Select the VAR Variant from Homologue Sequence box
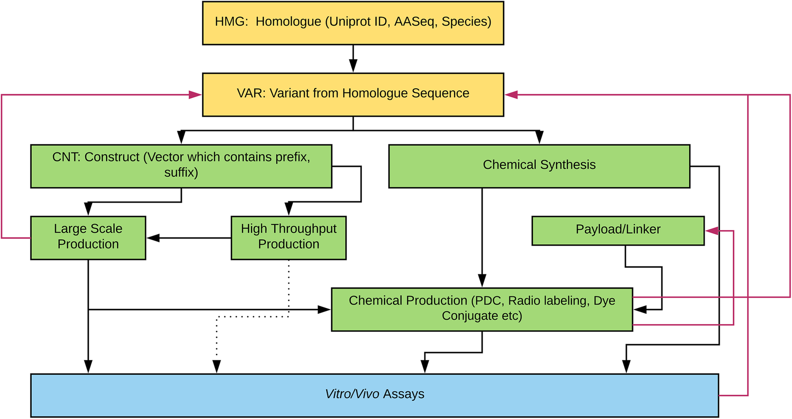pyautogui.click(x=353, y=94)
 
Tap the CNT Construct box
pyautogui.click(x=181, y=166)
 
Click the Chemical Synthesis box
pyautogui.click(x=539, y=166)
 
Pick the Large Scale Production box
pyautogui.click(x=88, y=237)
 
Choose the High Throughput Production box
pyautogui.click(x=288, y=237)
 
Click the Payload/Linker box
pyautogui.click(x=617, y=230)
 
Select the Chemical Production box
pyautogui.click(x=482, y=309)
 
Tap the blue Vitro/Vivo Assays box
pyautogui.click(x=374, y=395)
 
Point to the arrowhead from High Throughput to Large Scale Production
pyautogui.click(x=153, y=238)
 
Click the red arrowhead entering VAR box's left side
pyautogui.click(x=195, y=95)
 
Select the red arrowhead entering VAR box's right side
pyautogui.click(x=511, y=95)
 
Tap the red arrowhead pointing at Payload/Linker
pyautogui.click(x=712, y=231)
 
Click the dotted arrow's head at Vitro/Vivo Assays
pyautogui.click(x=217, y=366)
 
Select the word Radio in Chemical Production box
pyautogui.click(x=525, y=301)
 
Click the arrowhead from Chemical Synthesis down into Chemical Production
pyautogui.click(x=482, y=281)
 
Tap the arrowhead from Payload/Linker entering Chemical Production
pyautogui.click(x=640, y=310)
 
